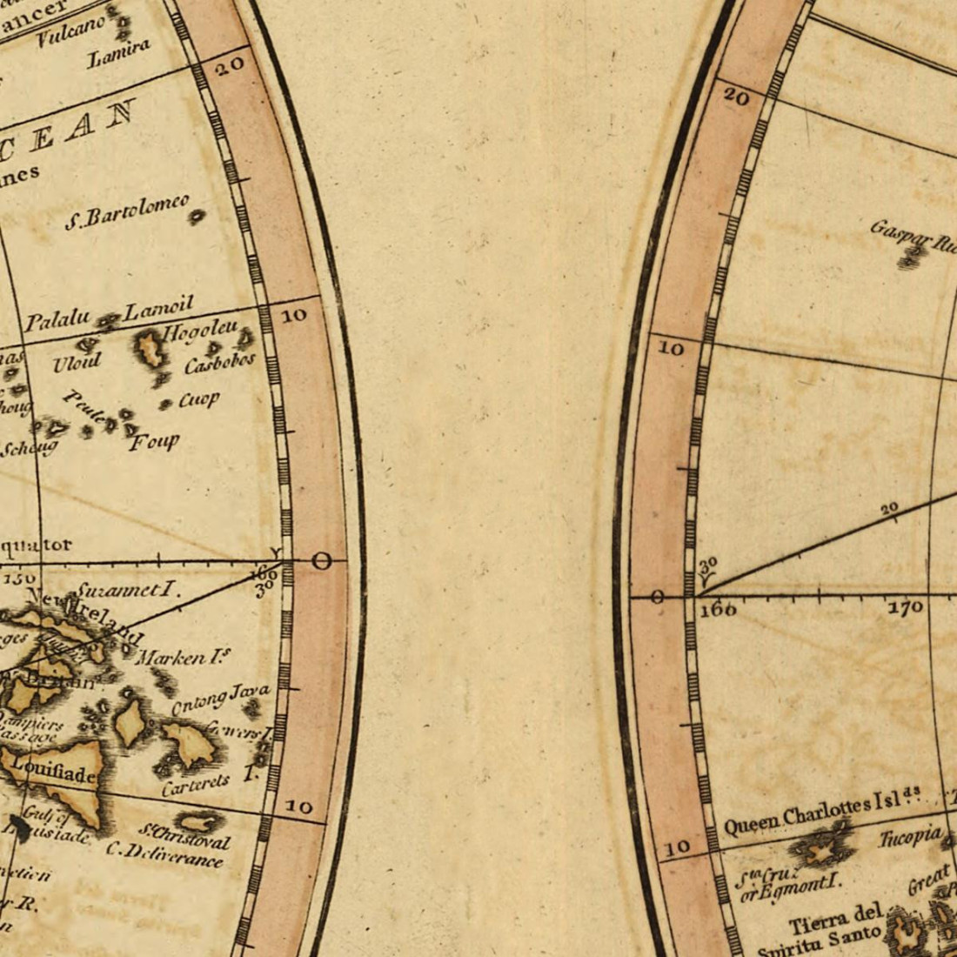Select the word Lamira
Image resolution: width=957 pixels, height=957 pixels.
(x=119, y=53)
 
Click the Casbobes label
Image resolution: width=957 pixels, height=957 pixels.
(x=219, y=362)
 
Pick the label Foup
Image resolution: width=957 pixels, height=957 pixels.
(x=155, y=442)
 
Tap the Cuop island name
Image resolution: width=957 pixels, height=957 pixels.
(x=198, y=400)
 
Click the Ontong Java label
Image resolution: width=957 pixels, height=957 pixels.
(x=220, y=699)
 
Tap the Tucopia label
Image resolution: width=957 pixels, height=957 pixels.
(x=910, y=838)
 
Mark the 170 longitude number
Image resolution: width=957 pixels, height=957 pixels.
(x=905, y=607)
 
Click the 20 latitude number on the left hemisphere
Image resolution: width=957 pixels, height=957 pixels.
(x=230, y=66)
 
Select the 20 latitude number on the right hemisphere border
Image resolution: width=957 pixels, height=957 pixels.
(x=736, y=98)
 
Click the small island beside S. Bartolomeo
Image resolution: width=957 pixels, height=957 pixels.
(x=197, y=216)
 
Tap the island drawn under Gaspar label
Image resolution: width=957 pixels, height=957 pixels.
(x=912, y=256)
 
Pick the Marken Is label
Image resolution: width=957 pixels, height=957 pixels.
(x=184, y=659)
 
